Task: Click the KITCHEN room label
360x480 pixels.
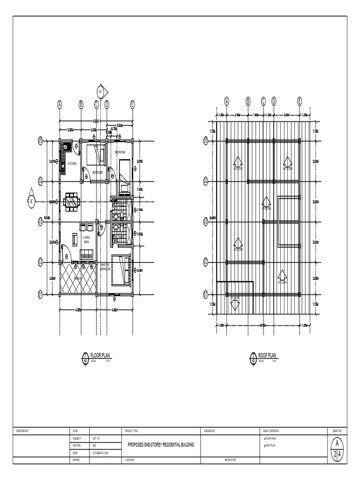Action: pos(72,164)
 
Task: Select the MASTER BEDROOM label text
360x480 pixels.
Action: pos(105,267)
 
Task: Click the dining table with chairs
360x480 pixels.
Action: pos(72,202)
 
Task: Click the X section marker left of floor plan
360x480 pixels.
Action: pos(31,200)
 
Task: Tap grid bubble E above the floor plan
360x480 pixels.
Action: pos(133,105)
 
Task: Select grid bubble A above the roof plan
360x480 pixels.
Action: pos(227,100)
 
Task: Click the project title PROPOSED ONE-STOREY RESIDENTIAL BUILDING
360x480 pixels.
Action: pos(160,444)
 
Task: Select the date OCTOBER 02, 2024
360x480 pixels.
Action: pos(100,453)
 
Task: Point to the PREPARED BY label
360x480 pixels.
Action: pos(22,430)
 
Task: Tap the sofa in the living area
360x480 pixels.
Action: pos(87,254)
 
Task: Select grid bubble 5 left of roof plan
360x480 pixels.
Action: pos(205,140)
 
